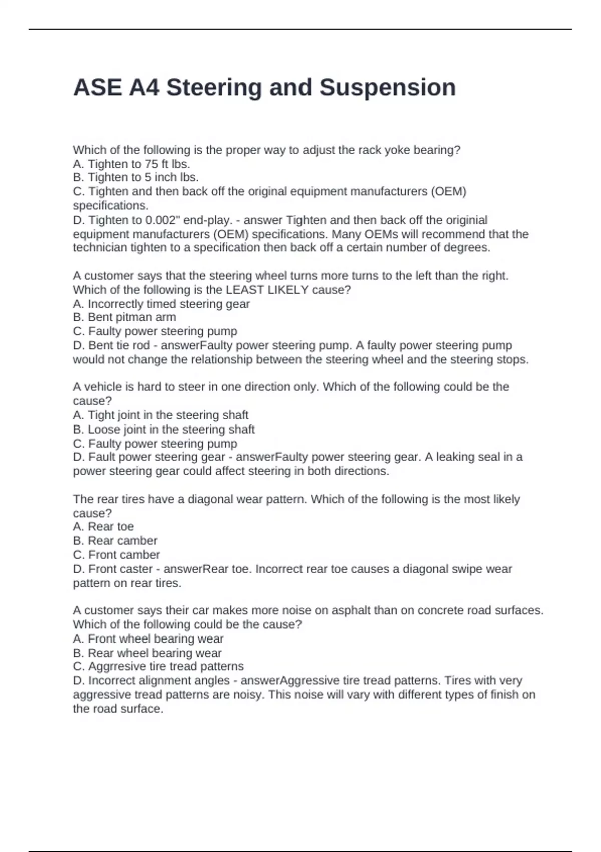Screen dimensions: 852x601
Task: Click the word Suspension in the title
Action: click(x=387, y=88)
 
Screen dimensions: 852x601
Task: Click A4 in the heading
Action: click(x=144, y=88)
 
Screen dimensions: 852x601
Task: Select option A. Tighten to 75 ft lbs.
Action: click(x=131, y=164)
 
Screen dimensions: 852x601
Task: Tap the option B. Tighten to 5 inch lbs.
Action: click(x=136, y=177)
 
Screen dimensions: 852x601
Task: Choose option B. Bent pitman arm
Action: click(x=124, y=317)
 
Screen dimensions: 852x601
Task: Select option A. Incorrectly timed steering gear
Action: click(x=161, y=304)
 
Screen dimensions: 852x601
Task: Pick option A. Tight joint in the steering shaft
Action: click(x=160, y=415)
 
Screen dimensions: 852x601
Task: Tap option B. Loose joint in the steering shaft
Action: click(x=164, y=429)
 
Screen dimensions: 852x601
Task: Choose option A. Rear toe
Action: click(x=103, y=527)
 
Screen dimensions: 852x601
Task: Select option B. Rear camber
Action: click(x=115, y=541)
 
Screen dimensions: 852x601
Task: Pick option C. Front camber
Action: click(x=116, y=555)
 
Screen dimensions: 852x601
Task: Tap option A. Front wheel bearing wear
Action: click(x=148, y=639)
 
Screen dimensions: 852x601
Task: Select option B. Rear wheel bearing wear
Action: click(x=147, y=653)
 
